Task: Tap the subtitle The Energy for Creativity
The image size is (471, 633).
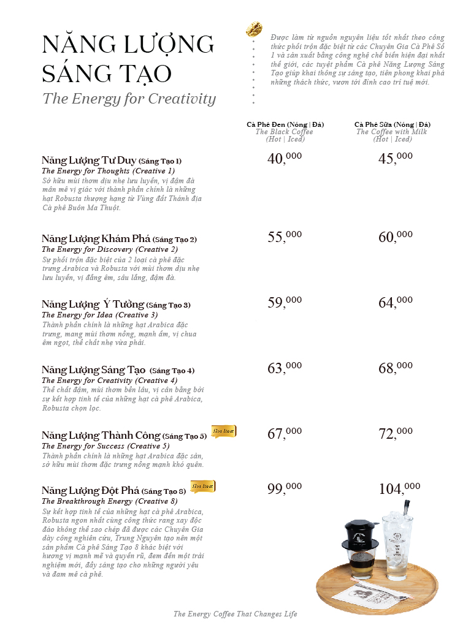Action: [129, 99]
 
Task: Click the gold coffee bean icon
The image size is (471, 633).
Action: [254, 29]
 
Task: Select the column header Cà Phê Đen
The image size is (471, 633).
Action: [285, 125]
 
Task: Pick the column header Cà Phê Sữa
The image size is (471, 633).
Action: [392, 125]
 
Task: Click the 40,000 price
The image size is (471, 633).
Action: [285, 159]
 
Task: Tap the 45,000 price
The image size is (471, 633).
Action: [396, 159]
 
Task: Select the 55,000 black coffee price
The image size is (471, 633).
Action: [285, 237]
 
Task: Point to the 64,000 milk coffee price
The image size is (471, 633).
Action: [396, 302]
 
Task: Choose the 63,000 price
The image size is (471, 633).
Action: [285, 368]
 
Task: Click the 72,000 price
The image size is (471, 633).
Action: [396, 434]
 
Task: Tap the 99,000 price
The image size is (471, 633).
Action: [285, 488]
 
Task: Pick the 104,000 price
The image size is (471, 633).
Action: [399, 488]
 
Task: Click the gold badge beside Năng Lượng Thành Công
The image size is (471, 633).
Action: [223, 431]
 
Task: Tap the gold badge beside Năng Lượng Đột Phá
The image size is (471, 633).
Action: [202, 487]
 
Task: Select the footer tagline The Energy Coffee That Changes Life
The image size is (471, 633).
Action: [235, 614]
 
